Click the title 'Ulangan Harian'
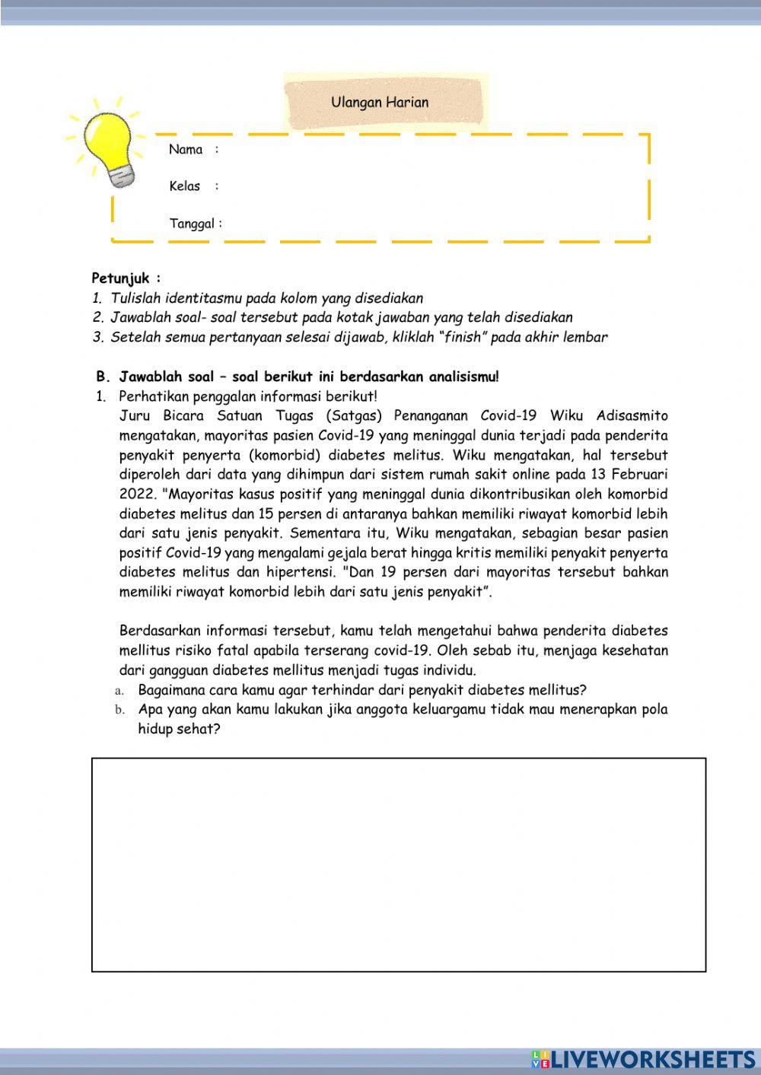pyautogui.click(x=380, y=102)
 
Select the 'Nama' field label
pyautogui.click(x=186, y=149)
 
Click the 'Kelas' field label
pyautogui.click(x=185, y=186)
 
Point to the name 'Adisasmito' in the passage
pyautogui.click(x=632, y=416)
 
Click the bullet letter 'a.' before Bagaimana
pyautogui.click(x=119, y=691)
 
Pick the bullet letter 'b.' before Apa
pyautogui.click(x=119, y=711)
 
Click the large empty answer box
pyautogui.click(x=399, y=864)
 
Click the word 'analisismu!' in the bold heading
pyautogui.click(x=463, y=377)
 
